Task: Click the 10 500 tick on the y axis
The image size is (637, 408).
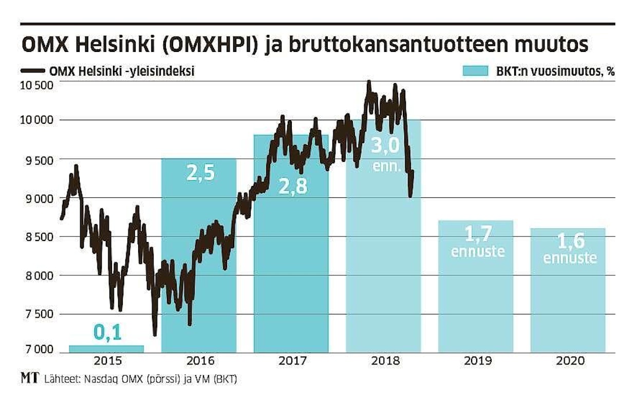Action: [38, 85]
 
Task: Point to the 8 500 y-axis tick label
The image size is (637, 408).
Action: [38, 237]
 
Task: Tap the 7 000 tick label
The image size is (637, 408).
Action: [38, 350]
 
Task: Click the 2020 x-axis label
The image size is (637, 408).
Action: [570, 361]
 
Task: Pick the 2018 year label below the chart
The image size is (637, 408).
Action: [384, 361]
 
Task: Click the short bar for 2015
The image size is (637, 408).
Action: [106, 349]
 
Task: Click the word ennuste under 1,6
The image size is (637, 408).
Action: [570, 257]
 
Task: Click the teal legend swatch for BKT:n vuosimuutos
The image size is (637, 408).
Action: [474, 71]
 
